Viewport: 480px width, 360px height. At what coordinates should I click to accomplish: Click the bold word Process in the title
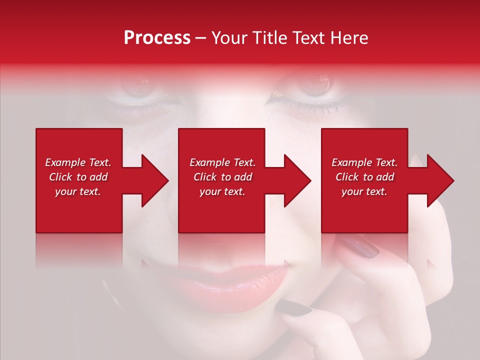click(x=157, y=38)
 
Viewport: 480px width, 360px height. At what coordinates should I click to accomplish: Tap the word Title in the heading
click(x=269, y=38)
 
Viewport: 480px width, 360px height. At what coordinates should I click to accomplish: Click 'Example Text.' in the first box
click(x=78, y=162)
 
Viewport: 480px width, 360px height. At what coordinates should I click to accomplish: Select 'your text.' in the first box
click(x=78, y=191)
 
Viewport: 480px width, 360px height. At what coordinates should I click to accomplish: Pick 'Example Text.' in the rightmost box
click(x=364, y=162)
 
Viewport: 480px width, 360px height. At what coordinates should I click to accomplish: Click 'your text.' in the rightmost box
click(x=364, y=191)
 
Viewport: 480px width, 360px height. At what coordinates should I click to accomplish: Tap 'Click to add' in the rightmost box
click(x=364, y=177)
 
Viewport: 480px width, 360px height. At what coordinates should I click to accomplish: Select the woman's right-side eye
click(x=315, y=85)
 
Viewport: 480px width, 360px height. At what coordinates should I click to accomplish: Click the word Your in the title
click(x=229, y=38)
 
